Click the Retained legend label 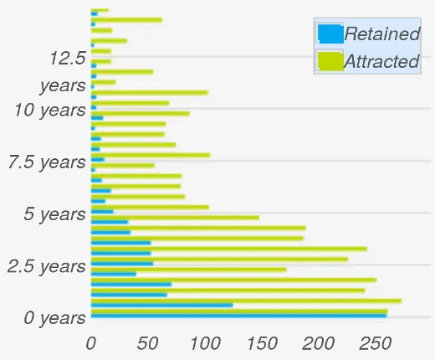click(381, 34)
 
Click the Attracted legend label click(381, 62)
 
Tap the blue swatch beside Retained click(330, 33)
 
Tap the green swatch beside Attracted click(330, 61)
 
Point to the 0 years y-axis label click(54, 318)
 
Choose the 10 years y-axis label click(50, 110)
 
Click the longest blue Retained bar click(238, 316)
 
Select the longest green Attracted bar click(246, 300)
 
